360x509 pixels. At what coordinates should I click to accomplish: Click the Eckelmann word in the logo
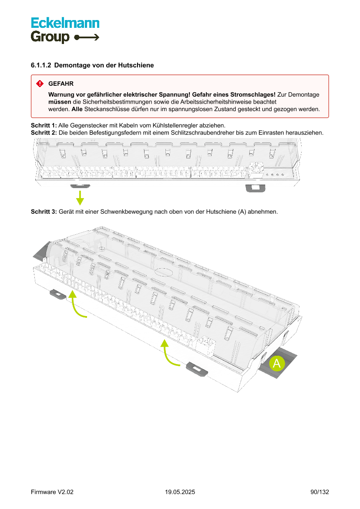65,23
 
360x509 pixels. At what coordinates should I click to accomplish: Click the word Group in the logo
50,37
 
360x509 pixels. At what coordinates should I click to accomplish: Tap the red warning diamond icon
40,83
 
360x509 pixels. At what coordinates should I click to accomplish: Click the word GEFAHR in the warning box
61,83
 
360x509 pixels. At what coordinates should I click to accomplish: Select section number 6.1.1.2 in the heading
41,65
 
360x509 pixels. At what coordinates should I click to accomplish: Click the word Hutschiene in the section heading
138,65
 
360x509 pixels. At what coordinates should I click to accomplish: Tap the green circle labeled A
276,363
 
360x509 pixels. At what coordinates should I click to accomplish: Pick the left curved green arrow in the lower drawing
76,305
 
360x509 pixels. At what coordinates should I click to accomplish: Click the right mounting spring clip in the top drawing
255,188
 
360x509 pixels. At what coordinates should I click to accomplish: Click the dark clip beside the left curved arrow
57,294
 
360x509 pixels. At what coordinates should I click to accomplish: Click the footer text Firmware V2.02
52,492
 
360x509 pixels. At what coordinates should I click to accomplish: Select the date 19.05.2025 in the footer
180,492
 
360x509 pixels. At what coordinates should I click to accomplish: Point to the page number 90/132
320,492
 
